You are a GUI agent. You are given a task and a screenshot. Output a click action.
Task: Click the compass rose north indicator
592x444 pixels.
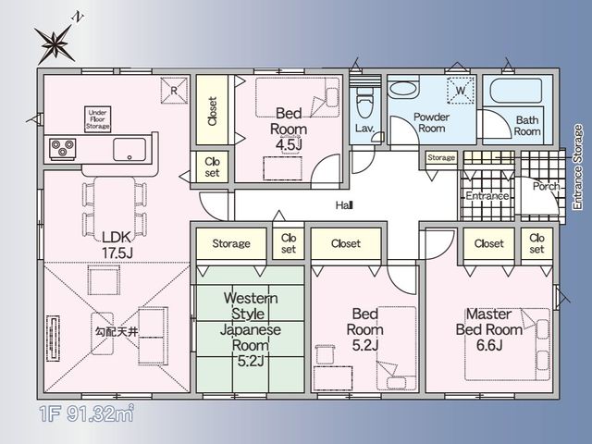[55, 42]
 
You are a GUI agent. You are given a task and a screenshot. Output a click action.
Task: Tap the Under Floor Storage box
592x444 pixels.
[97, 119]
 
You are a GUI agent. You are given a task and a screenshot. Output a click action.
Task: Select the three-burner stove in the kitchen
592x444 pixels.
[63, 149]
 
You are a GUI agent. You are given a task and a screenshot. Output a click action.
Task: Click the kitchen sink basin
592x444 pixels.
[129, 150]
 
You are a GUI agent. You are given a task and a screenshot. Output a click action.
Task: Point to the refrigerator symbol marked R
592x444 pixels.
[174, 91]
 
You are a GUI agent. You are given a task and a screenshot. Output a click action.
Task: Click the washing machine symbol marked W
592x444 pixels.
[461, 91]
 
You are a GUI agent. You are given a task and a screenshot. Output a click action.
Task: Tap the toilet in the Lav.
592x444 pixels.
[364, 103]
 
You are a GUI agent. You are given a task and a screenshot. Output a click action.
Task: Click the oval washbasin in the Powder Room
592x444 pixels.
[403, 90]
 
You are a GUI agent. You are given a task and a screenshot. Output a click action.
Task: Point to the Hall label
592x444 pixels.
[344, 205]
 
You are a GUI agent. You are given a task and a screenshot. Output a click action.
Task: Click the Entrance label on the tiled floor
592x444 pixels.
[487, 196]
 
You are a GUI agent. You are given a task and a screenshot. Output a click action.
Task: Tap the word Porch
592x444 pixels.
[546, 186]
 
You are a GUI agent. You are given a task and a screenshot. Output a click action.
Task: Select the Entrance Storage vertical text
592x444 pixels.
[577, 167]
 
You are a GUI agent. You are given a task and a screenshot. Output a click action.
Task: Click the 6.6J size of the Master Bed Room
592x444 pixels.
[489, 345]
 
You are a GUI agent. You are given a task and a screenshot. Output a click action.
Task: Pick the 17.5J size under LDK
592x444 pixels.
[117, 253]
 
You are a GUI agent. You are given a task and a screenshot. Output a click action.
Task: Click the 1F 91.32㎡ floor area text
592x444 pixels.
[87, 413]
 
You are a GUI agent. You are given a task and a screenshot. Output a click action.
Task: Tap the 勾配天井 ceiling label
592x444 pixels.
[117, 332]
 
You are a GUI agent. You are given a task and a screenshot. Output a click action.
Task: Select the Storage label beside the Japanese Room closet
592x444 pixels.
[231, 244]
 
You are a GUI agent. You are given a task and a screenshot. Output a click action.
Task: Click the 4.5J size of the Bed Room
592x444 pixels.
[289, 144]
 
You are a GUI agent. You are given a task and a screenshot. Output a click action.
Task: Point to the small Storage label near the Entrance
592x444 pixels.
[441, 158]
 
